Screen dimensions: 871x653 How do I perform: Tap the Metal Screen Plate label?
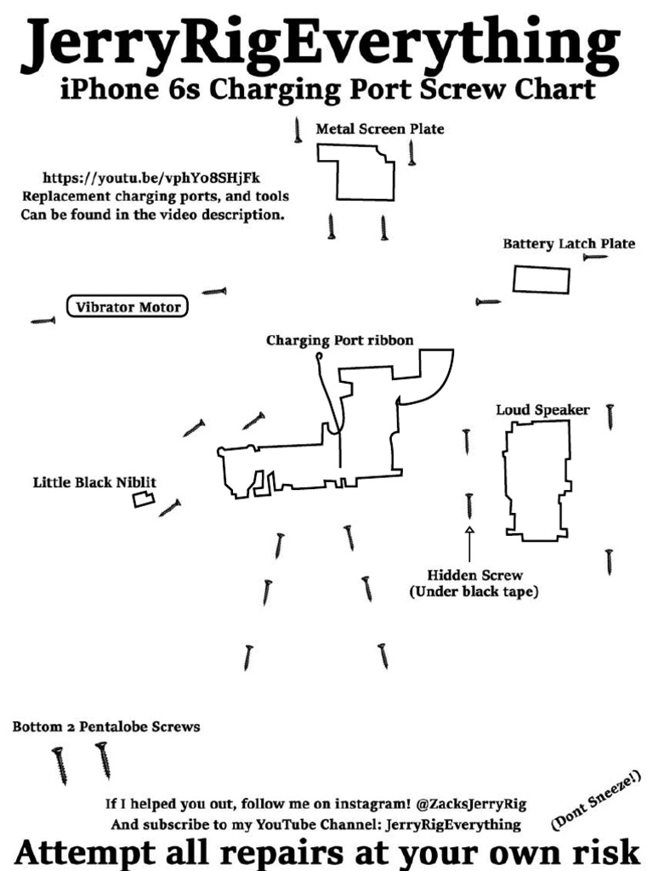380,129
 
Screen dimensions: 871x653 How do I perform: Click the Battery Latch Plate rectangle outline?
541,279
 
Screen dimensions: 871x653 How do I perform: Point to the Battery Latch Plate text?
568,244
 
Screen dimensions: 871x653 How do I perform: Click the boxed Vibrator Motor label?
128,306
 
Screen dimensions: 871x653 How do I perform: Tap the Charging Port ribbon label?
339,341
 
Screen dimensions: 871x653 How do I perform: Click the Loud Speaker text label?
542,410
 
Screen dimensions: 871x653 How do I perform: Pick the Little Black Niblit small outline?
144,499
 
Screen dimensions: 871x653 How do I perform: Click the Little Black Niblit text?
94,482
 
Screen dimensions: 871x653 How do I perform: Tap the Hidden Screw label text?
474,576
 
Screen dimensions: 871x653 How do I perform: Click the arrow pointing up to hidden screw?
468,544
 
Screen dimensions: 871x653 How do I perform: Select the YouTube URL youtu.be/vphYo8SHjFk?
151,179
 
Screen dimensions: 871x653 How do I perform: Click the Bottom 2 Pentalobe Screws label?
106,727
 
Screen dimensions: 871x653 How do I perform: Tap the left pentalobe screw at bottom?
60,765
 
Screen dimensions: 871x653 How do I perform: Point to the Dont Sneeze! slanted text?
595,799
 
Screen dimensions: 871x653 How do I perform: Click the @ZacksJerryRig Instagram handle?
471,803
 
